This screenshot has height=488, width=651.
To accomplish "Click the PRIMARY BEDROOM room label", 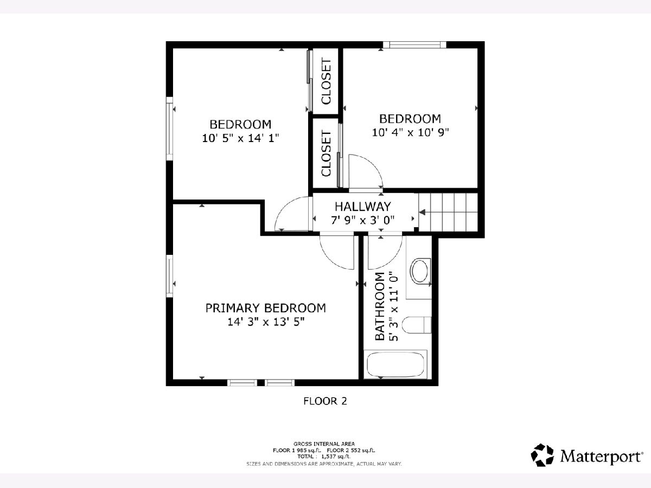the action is (x=265, y=308).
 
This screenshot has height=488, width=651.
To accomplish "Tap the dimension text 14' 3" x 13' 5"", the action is (x=266, y=322).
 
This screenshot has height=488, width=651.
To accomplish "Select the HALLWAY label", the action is (x=363, y=207).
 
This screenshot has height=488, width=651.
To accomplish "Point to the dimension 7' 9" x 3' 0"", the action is (x=363, y=220).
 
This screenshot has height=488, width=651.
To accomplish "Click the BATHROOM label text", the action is (x=380, y=306).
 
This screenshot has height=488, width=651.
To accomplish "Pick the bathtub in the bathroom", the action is (x=395, y=365).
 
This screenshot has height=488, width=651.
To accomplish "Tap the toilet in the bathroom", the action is (x=417, y=325).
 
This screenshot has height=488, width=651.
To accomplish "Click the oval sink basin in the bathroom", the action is (x=419, y=271).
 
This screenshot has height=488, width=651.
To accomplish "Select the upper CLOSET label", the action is (x=326, y=81).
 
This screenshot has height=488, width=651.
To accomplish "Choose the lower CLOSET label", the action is (x=326, y=153).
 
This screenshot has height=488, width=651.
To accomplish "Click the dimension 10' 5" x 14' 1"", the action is (x=240, y=138).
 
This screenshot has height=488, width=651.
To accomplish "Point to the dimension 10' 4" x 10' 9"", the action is (x=411, y=132).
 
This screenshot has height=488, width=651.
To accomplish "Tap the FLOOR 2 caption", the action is (x=325, y=401).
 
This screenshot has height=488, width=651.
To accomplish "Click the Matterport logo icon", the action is (x=542, y=455).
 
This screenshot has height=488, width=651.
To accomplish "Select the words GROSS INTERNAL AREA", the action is (x=324, y=444).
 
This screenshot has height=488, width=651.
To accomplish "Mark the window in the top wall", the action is (x=414, y=45).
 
